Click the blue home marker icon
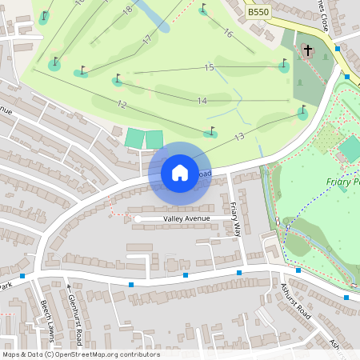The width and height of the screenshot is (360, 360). tap(179, 172)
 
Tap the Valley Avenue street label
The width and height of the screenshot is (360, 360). tap(186, 218)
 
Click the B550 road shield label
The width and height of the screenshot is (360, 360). tap(258, 13)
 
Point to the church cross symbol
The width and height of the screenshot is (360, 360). tap(307, 51)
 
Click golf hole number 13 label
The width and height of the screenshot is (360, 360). tap(238, 138)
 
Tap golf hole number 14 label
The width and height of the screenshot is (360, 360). tap(202, 100)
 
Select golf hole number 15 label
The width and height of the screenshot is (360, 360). tap(209, 68)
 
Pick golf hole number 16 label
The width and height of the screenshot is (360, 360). tap(228, 33)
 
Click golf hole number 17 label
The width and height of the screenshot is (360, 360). tap(146, 39)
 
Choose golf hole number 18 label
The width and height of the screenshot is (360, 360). tap(127, 10)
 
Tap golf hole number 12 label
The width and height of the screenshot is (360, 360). tap(122, 105)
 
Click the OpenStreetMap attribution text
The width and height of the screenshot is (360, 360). tap(81, 354)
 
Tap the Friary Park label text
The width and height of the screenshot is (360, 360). tap(343, 182)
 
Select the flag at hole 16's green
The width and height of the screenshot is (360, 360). tap(203, 9)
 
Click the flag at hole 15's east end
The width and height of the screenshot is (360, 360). tap(283, 62)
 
